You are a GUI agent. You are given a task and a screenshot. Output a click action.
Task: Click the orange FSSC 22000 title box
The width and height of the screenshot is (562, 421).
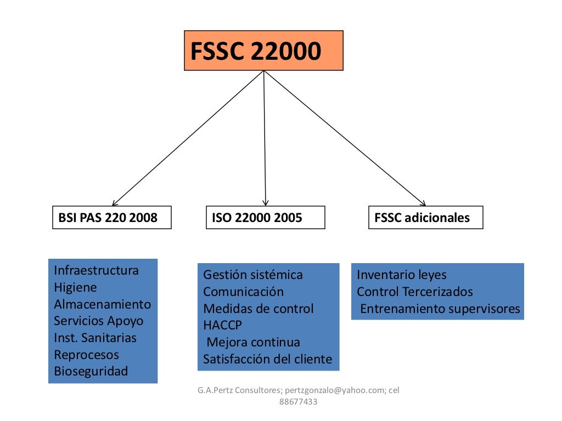[263, 51]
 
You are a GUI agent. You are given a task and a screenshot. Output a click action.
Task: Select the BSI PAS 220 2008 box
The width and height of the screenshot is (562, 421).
[112, 218]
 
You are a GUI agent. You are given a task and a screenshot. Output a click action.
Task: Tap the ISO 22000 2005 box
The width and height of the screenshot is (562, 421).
[266, 218]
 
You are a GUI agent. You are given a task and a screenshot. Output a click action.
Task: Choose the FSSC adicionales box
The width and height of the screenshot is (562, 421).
[425, 218]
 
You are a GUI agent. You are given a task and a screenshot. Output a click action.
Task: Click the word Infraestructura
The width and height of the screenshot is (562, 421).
[96, 270]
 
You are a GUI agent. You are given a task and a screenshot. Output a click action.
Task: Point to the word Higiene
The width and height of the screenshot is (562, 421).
[75, 287]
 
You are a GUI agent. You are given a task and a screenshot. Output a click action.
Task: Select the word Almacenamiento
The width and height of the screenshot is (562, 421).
[102, 304]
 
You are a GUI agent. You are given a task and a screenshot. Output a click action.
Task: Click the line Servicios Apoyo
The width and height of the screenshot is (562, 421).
[98, 321]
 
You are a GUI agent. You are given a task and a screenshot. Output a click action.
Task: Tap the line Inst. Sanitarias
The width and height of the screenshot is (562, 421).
[95, 338]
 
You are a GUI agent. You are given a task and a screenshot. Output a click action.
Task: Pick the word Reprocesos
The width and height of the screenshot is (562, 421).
[86, 355]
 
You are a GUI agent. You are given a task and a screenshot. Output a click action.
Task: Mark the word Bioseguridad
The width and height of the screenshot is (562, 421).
[91, 371]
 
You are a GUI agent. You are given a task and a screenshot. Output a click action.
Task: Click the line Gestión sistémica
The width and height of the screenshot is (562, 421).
[252, 275]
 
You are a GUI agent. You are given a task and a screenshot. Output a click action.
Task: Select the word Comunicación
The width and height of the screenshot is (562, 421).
[243, 292]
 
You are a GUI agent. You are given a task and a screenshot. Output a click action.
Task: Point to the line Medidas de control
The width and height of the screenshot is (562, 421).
[258, 309]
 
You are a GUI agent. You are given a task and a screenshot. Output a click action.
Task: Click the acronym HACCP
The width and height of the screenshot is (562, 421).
[222, 326]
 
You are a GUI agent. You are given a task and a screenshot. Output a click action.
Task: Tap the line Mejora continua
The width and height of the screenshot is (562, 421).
[253, 343]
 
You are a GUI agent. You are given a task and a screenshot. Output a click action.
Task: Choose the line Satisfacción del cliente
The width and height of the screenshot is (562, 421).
[267, 360]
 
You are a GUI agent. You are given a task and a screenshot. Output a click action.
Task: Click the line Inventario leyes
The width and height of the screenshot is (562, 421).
[402, 275]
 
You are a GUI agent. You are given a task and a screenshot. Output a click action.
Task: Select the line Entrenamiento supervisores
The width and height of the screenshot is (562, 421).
[440, 309]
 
